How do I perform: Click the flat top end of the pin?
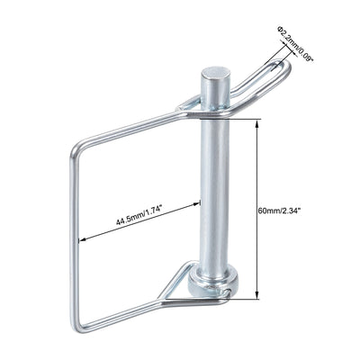click(213, 71)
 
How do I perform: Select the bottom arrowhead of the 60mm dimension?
click(258, 295)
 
